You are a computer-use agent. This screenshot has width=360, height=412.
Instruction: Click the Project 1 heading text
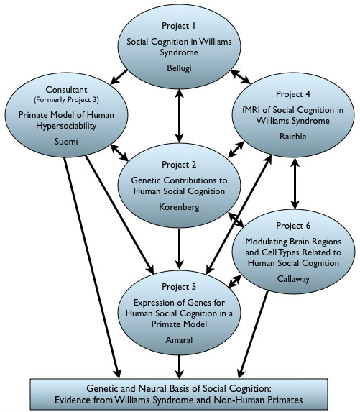click(x=179, y=26)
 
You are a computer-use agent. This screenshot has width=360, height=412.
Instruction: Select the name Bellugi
click(x=179, y=68)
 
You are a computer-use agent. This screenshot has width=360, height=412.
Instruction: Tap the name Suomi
click(x=66, y=142)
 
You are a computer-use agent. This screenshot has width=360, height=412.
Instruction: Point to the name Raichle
click(x=292, y=137)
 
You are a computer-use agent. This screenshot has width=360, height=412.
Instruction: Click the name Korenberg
click(x=179, y=207)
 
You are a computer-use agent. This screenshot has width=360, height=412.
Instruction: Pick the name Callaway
click(x=293, y=279)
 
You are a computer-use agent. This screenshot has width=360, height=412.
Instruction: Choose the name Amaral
click(x=179, y=340)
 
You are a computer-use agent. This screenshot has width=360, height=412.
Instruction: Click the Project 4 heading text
click(x=292, y=94)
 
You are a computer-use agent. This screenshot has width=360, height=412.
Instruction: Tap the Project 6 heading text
click(x=293, y=226)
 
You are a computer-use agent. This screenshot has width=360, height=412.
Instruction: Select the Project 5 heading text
click(x=179, y=287)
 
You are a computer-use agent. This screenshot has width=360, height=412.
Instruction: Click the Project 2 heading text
click(x=179, y=165)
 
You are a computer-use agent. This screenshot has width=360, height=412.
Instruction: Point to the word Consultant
click(x=66, y=90)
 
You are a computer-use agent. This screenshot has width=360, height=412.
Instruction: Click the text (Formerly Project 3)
click(x=66, y=100)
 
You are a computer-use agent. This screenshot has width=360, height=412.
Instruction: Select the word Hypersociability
click(x=66, y=126)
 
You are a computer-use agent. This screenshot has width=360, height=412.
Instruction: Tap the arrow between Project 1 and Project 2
click(x=180, y=116)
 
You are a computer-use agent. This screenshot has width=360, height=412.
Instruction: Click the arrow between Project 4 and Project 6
click(x=295, y=183)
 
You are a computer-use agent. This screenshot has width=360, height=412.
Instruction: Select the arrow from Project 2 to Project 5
click(x=180, y=250)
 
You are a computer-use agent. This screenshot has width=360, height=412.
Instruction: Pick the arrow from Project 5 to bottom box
click(x=180, y=367)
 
